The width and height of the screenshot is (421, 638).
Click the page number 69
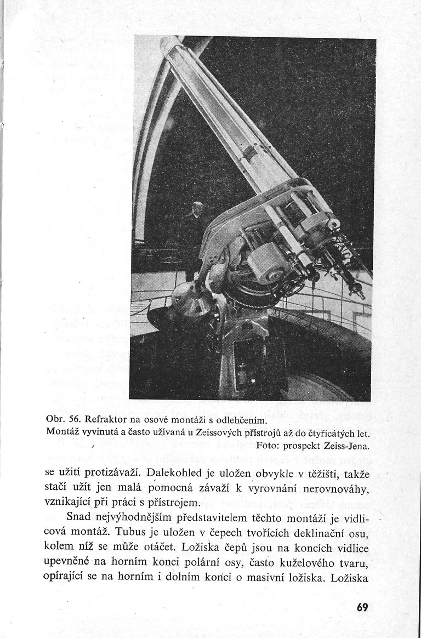tap(361, 607)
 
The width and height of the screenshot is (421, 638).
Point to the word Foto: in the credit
tap(269, 446)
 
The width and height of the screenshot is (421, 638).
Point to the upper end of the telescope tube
tap(171, 44)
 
